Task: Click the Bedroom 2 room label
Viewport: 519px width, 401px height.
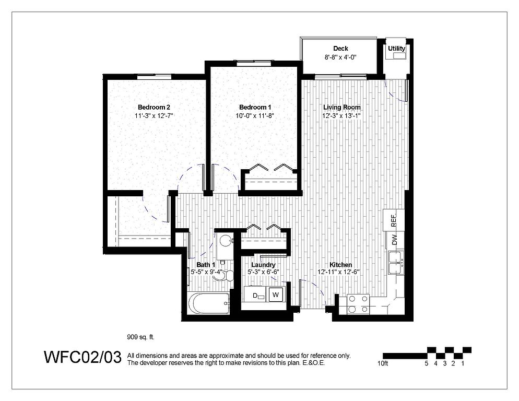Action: pos(154,107)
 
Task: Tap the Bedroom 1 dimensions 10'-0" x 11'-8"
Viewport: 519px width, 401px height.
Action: pos(255,116)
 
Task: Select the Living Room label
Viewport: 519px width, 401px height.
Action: pos(342,107)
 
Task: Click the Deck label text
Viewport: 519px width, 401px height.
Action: pos(340,49)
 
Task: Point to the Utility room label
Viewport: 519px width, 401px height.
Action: pos(396,49)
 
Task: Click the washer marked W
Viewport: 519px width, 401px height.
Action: pos(275,294)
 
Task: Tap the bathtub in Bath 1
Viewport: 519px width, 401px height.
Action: pos(208,304)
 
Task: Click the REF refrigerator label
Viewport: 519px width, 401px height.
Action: pos(394,221)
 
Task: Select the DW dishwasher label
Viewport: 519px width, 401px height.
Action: pos(394,240)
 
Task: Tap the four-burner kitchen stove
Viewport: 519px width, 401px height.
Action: pos(358,304)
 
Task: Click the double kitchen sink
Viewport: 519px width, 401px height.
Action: pos(396,263)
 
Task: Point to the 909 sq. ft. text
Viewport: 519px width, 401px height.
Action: pos(140,337)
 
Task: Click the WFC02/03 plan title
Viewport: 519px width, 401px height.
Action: pos(82,357)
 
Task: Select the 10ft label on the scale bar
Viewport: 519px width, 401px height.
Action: pos(383,363)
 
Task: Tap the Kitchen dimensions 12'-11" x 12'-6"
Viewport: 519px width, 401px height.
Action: pos(338,272)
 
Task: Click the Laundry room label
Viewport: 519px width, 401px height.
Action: pos(263,265)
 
